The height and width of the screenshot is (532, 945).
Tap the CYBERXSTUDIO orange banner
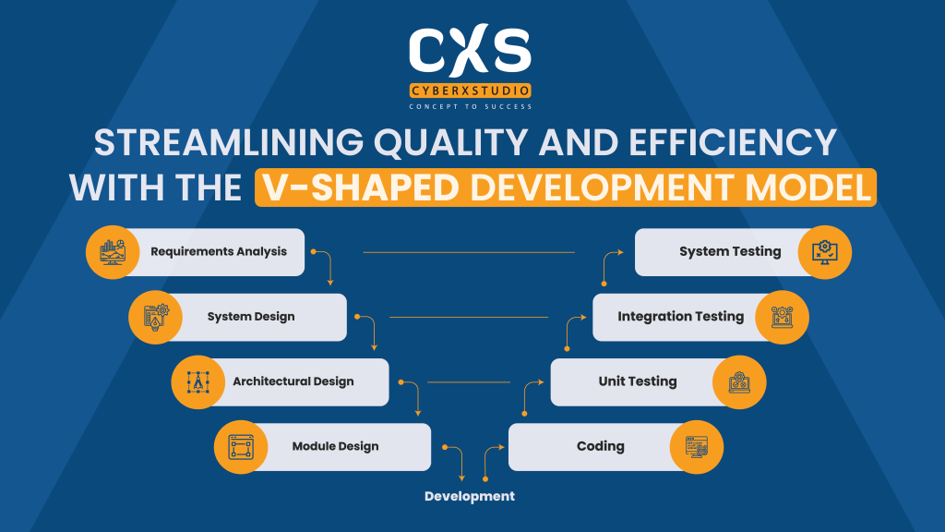click(471, 91)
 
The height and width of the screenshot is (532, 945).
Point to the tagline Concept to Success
click(471, 107)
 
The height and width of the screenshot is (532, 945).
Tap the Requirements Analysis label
click(219, 251)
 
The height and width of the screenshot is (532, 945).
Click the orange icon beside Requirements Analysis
click(113, 252)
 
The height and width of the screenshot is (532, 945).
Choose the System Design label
click(251, 317)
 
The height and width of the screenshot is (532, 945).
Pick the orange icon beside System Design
click(155, 317)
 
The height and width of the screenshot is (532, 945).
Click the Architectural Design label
click(293, 381)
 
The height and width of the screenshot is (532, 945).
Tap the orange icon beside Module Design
click(240, 447)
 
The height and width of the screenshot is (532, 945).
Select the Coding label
click(601, 447)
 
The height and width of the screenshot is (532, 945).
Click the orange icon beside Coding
click(697, 447)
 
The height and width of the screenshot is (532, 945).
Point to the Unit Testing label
click(638, 381)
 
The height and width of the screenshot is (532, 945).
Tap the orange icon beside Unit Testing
click(739, 382)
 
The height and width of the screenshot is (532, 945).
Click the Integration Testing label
click(680, 317)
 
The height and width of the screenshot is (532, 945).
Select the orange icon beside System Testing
click(824, 252)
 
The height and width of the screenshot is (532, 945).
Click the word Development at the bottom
click(470, 497)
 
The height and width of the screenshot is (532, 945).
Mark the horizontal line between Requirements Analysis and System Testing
click(469, 252)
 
